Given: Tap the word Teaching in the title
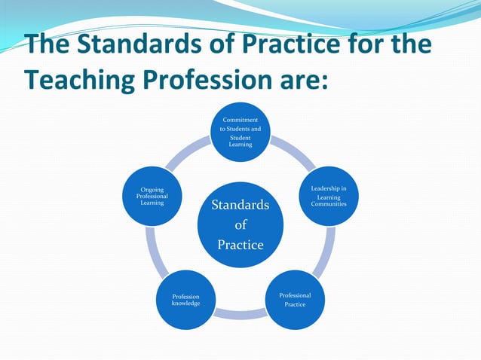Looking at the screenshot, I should coord(84,78).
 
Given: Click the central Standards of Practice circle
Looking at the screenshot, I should coord(240,224).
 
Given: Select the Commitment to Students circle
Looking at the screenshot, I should coord(240,132).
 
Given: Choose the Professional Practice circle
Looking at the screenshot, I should coord(295,300).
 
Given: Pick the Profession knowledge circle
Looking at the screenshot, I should coord(185,300).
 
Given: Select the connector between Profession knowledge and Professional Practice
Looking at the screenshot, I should coord(240,314).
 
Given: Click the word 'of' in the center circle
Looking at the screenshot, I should coord(240,224).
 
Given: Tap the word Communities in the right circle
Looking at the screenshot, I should coord(329,204).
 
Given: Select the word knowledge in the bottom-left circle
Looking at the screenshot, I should coord(185,304).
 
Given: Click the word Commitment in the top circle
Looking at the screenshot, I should coord(240,120).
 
